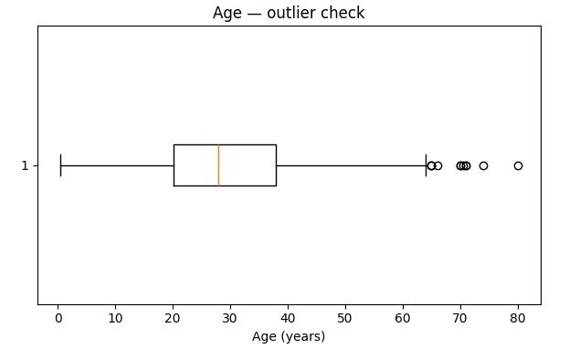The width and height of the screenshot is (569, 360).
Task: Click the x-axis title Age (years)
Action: (289, 336)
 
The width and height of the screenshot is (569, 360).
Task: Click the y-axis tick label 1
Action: (25, 165)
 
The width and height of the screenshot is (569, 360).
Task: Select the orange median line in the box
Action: (219, 165)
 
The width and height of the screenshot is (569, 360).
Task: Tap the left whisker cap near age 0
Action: (61, 165)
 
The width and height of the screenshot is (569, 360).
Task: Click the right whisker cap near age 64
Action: (426, 165)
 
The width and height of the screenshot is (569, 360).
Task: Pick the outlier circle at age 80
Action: (518, 165)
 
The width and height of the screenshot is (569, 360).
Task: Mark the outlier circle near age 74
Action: (483, 165)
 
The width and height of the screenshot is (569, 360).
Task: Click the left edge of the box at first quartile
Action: (174, 165)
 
